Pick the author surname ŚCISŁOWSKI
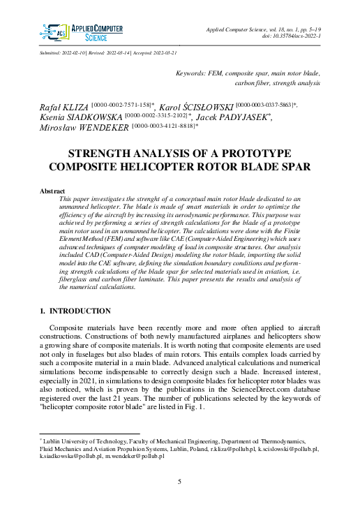pos(208,105)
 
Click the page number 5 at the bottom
pos(180,482)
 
